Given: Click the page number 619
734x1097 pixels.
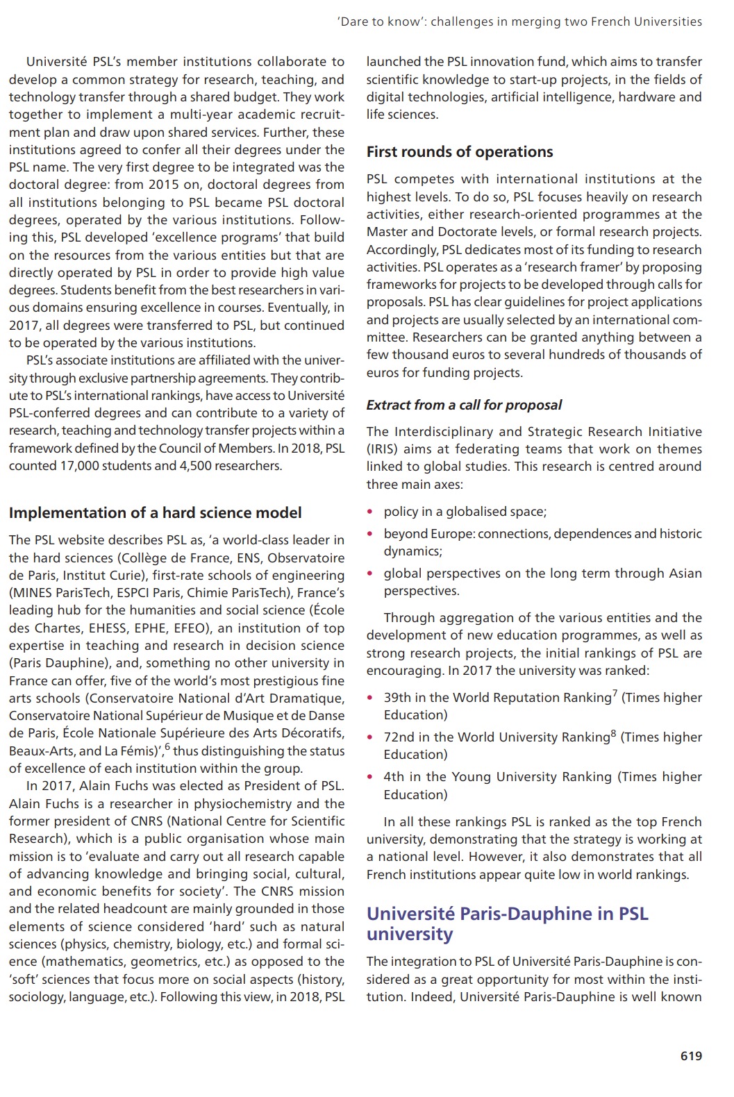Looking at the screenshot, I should (691, 1056).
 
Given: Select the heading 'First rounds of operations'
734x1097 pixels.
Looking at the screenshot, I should (460, 152).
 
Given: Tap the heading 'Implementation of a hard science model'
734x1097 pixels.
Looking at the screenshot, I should (155, 513).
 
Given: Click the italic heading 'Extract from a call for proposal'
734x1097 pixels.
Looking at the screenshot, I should (464, 405).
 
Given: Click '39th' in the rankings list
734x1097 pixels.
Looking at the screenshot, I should (398, 698).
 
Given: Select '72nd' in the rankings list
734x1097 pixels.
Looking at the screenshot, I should (399, 737).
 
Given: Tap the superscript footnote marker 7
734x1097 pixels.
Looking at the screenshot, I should (615, 693).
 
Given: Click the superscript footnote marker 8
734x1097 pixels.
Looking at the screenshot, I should (613, 732).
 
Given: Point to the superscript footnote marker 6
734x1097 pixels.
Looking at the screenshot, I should (167, 746).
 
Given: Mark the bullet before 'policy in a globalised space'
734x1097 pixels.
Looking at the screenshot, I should (371, 512).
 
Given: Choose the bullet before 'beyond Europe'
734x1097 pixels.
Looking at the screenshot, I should (371, 535).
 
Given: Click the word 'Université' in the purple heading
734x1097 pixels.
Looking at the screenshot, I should (410, 914).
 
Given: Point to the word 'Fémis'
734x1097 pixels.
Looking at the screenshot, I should (137, 751).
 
